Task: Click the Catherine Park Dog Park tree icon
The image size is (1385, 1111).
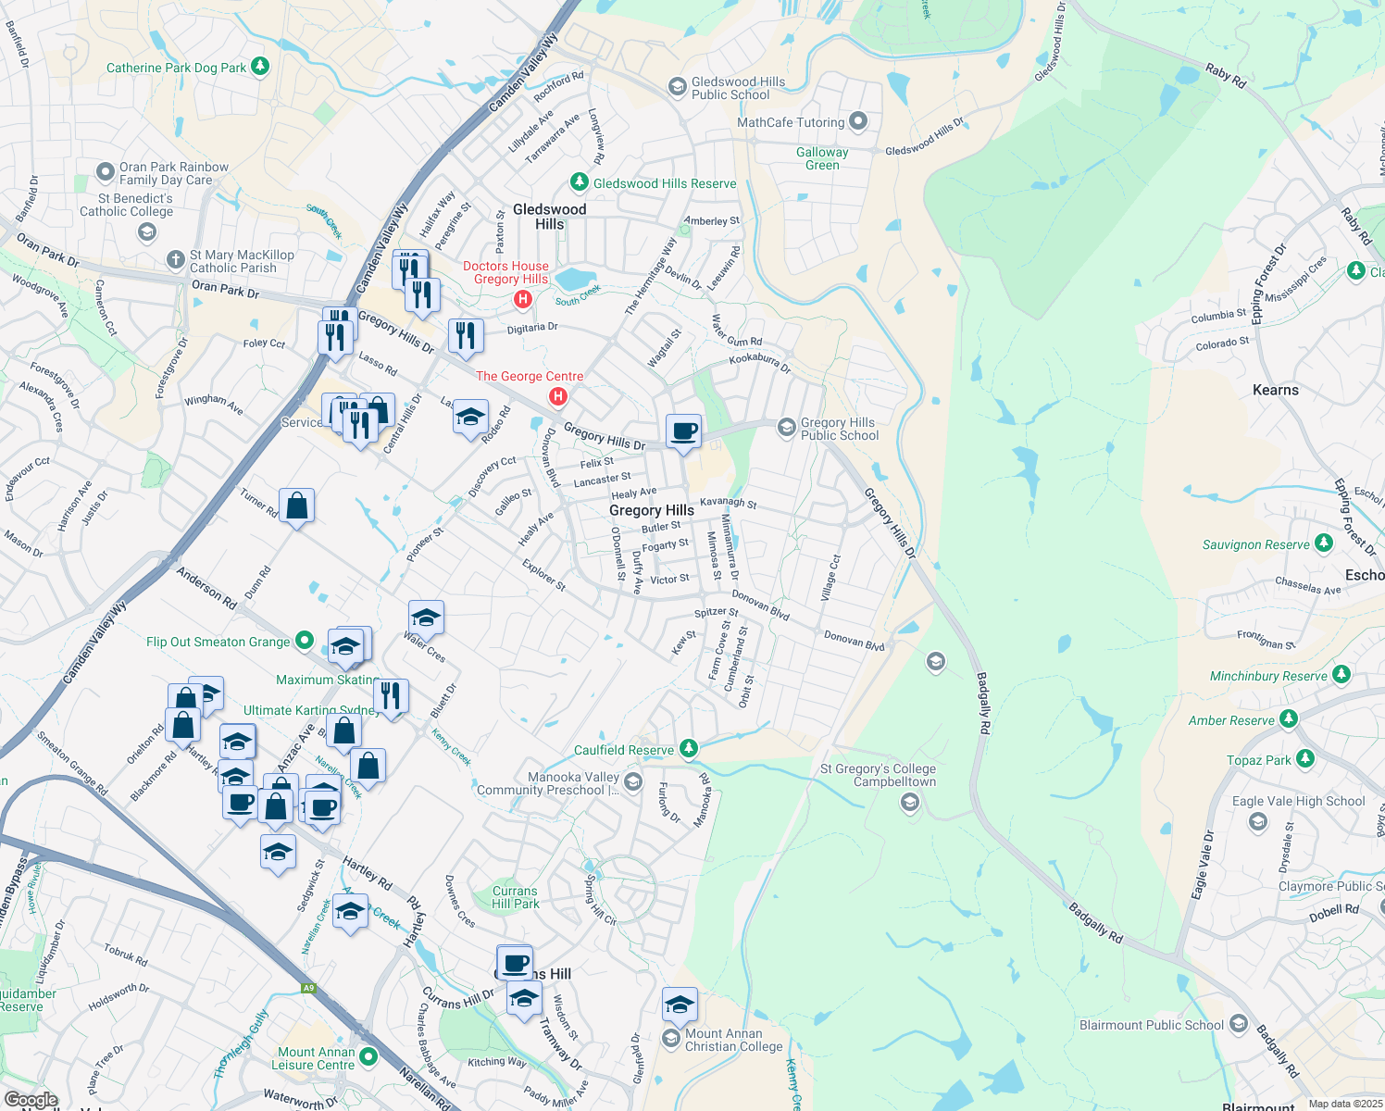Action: (x=260, y=67)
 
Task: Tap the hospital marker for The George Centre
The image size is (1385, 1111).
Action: (x=558, y=396)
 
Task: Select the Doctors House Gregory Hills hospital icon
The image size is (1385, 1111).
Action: (x=523, y=298)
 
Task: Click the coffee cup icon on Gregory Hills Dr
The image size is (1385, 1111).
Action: (x=683, y=431)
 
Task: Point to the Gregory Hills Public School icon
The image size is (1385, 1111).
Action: (x=786, y=427)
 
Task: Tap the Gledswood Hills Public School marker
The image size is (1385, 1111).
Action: (x=677, y=87)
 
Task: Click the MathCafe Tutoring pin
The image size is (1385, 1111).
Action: (x=858, y=121)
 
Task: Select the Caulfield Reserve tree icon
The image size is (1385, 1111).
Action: (x=688, y=748)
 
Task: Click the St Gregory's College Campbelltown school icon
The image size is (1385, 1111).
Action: (x=910, y=802)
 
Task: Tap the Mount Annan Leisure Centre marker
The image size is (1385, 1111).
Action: (x=368, y=1056)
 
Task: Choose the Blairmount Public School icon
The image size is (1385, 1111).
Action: (x=1239, y=1025)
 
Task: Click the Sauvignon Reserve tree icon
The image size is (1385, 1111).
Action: (x=1324, y=543)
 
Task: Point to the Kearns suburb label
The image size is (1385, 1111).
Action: (x=1275, y=390)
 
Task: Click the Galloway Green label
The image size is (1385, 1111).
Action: (x=822, y=158)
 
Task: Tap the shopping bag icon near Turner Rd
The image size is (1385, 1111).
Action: (x=296, y=506)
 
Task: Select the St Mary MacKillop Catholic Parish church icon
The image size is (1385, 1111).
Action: (x=175, y=260)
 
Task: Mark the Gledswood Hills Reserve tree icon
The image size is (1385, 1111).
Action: (x=579, y=182)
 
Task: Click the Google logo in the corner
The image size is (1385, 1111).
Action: (x=31, y=1100)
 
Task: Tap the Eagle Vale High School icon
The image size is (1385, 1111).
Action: (x=1257, y=821)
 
